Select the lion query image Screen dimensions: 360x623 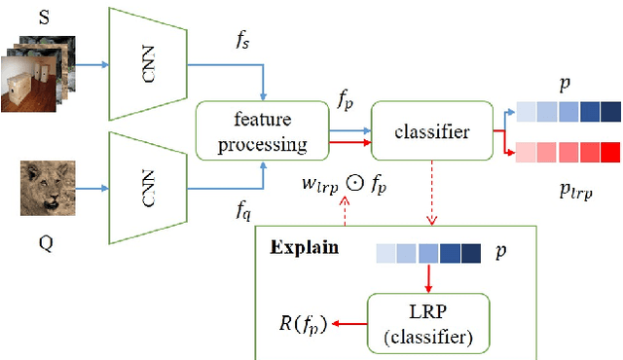click(48, 189)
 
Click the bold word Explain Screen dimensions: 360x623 click(303, 247)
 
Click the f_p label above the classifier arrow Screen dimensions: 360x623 click(348, 98)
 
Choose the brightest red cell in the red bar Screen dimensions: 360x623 click(610, 153)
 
